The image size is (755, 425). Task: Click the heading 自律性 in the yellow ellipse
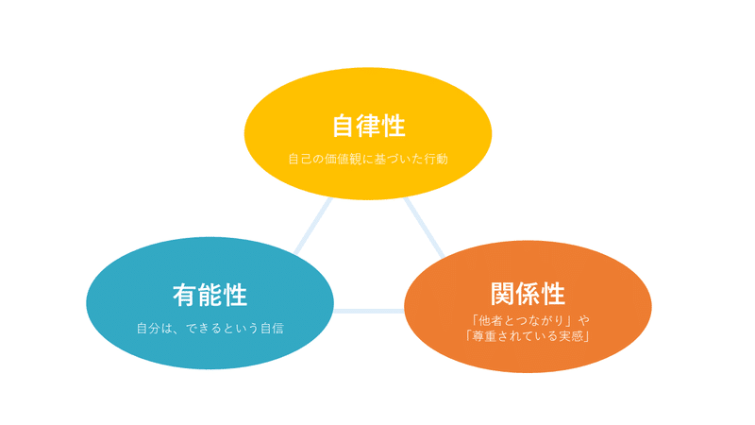pos(369,126)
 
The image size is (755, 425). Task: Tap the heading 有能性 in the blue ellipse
pos(210,295)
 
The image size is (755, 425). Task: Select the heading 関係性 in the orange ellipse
pos(528,294)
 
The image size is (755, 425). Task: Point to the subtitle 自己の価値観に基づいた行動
pos(368,159)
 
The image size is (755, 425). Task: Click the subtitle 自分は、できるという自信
pos(210,328)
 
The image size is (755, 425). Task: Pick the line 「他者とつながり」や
pos(529,320)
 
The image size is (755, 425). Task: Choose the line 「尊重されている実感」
pos(528,336)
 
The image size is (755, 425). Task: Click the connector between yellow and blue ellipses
pos(313,225)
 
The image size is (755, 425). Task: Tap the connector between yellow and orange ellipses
pos(424,227)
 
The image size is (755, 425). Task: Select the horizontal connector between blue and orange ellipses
pos(369,312)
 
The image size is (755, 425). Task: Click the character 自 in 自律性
pos(344,126)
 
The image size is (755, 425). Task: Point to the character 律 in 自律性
pos(369,126)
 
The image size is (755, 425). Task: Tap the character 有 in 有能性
pos(185,295)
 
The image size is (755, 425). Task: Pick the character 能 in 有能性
pos(210,295)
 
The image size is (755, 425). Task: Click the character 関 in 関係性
pos(503,294)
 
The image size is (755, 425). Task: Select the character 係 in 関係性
pos(528,294)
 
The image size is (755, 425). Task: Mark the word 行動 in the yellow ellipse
pos(436,159)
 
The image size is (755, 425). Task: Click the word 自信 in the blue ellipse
pos(272,328)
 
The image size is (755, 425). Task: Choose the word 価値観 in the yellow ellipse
pos(343,159)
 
